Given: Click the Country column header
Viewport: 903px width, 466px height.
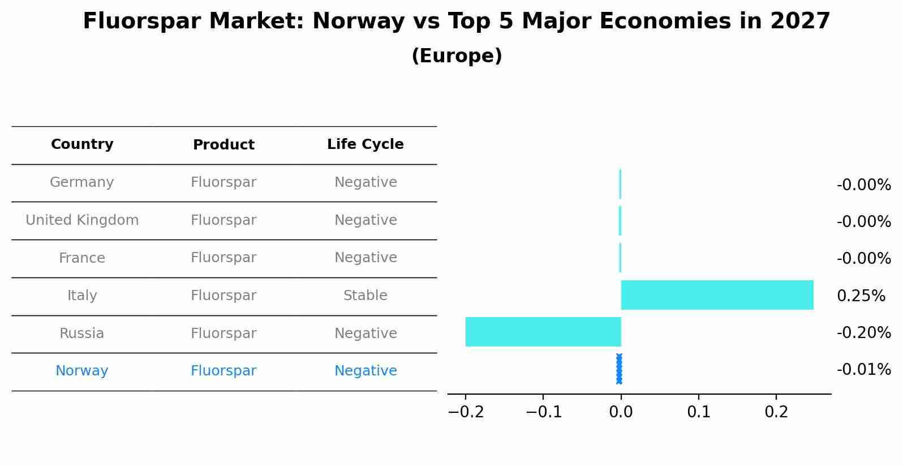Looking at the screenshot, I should [x=82, y=144].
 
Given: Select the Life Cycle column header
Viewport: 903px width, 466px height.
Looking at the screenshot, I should [x=365, y=144].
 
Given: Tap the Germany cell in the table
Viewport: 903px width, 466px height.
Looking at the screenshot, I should [x=82, y=182].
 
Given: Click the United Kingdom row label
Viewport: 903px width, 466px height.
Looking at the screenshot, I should [x=82, y=220].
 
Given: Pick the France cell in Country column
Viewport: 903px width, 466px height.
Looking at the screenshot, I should [x=82, y=258].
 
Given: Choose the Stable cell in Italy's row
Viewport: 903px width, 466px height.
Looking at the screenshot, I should [x=365, y=296].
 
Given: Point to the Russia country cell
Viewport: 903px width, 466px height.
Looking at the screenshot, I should [x=82, y=334].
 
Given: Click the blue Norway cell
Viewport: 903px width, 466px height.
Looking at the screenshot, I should [x=82, y=371].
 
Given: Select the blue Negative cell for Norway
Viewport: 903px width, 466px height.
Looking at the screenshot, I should [x=365, y=371].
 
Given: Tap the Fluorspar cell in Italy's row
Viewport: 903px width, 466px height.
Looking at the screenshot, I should [x=223, y=296].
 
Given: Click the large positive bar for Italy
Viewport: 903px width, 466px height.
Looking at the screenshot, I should [x=717, y=295].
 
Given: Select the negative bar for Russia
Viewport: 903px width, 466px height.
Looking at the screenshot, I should [x=543, y=332].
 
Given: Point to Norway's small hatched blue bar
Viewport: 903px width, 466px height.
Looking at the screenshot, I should [x=619, y=369].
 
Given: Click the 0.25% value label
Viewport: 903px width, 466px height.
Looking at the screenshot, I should [x=861, y=296].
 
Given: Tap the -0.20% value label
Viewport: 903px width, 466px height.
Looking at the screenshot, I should [x=863, y=333].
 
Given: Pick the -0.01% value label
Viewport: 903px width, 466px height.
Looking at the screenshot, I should [x=863, y=370].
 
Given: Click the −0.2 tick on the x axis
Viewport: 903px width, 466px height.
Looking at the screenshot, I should [x=466, y=412].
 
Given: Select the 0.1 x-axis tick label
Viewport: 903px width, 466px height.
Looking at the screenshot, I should [x=699, y=412].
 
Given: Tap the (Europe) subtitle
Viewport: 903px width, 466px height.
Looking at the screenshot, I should [x=457, y=56].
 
